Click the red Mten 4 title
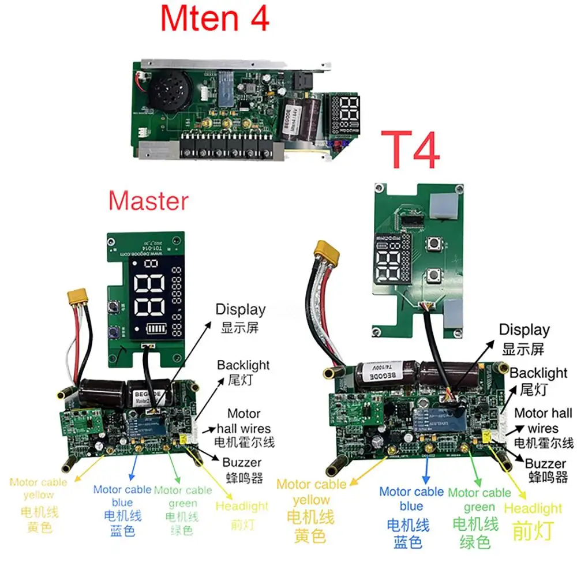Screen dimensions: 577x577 click(x=215, y=19)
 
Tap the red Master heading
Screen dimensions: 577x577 click(x=148, y=201)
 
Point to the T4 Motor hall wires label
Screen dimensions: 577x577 click(x=543, y=428)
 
